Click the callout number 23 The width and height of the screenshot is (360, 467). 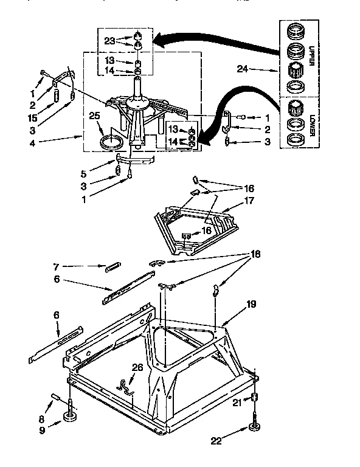(x=109, y=41)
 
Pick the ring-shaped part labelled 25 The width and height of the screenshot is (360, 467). (x=111, y=143)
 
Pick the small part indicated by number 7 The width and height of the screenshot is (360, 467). (x=114, y=266)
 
